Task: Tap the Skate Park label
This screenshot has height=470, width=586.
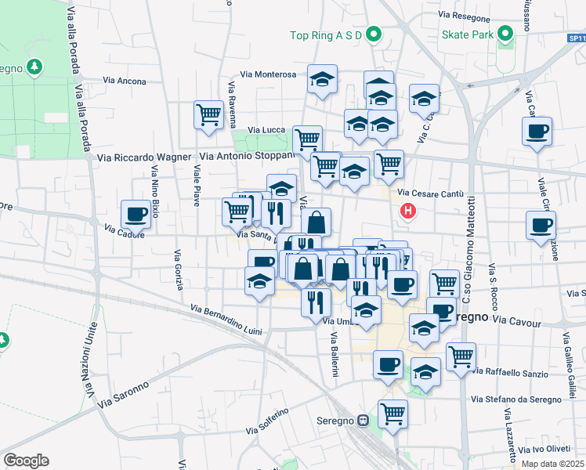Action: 466,34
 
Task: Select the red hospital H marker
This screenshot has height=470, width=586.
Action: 407,210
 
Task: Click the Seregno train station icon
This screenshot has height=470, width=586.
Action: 364,420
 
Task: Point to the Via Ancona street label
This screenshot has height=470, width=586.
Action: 125,81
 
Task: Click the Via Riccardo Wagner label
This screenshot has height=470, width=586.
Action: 144,157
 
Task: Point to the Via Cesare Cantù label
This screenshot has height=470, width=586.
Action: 431,193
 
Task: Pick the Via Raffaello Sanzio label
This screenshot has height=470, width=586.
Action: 510,373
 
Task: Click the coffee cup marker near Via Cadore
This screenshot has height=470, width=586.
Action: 135,213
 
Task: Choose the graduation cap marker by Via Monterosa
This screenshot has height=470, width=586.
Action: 321,79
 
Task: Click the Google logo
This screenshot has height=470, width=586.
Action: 26,461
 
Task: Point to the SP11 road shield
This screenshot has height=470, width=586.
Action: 576,37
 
